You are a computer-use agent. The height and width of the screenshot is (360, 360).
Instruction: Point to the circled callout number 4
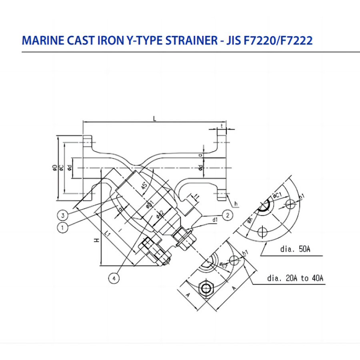(115, 279)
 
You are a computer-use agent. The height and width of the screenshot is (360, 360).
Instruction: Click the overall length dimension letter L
(154, 118)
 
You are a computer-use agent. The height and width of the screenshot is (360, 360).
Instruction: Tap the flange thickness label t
(222, 125)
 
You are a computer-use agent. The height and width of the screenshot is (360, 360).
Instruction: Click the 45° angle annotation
(143, 186)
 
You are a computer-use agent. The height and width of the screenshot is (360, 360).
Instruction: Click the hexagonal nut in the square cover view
(206, 288)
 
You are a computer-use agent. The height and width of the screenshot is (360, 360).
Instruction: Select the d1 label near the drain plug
(214, 220)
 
